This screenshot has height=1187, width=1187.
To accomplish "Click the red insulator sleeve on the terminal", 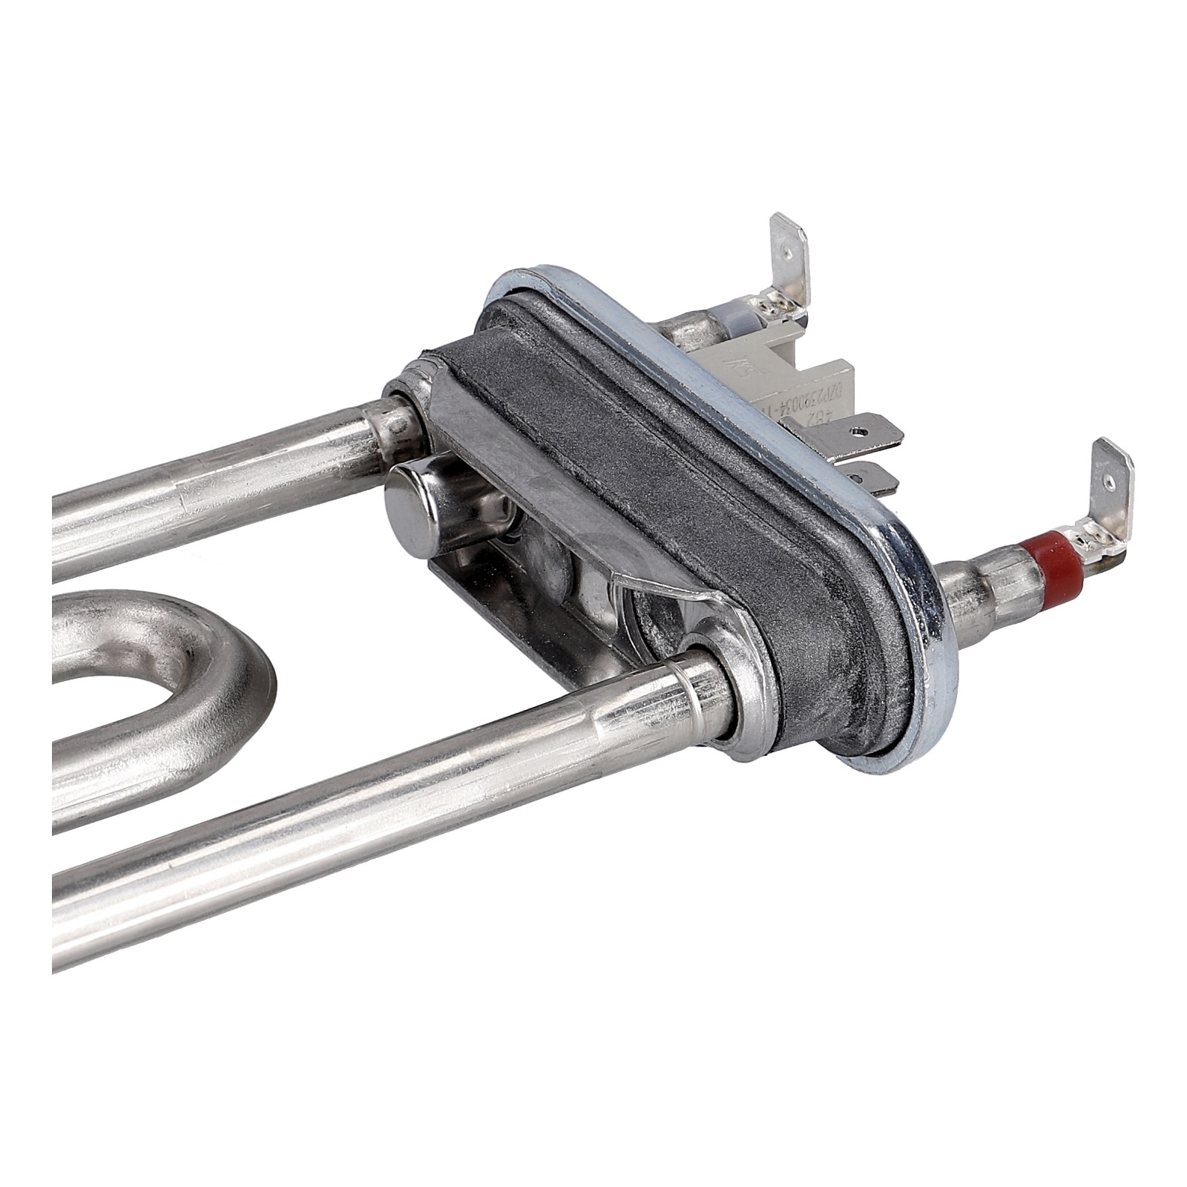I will pos(1059,568).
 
